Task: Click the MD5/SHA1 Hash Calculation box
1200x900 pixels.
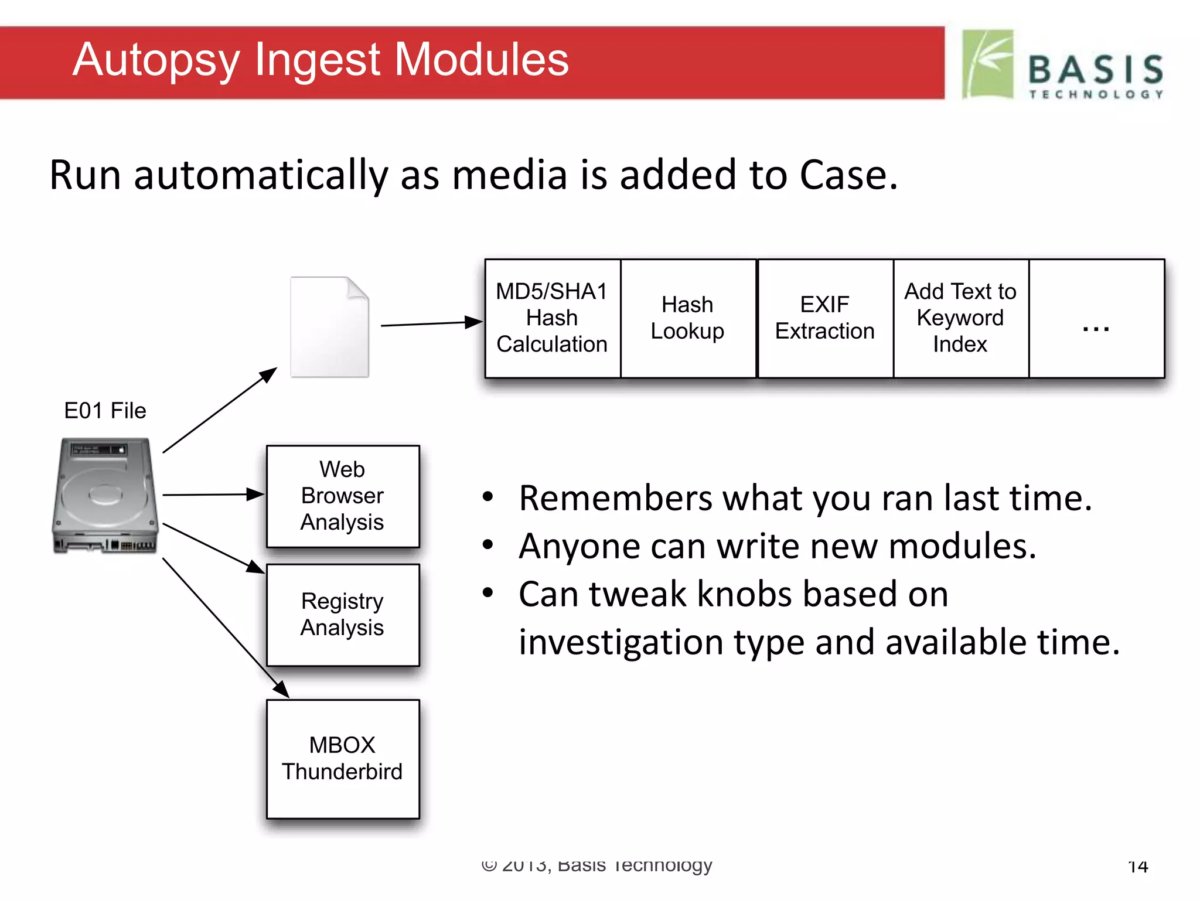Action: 552,318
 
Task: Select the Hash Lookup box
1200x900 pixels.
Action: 688,318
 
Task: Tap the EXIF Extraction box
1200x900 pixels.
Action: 824,318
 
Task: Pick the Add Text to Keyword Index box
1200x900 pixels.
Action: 960,318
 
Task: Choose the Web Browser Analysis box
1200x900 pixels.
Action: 343,496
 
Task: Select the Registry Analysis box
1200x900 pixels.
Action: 343,614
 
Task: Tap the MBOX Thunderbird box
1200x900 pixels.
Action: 343,758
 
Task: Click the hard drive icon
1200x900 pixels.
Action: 106,495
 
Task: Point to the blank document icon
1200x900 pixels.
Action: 329,327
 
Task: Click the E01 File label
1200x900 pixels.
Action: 105,411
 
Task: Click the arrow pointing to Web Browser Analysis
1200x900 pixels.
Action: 214,495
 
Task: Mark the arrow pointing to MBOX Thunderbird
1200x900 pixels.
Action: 225,628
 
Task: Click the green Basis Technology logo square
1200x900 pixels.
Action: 988,64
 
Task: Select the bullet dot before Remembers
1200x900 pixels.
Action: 487,497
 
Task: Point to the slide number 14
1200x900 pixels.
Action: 1138,866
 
